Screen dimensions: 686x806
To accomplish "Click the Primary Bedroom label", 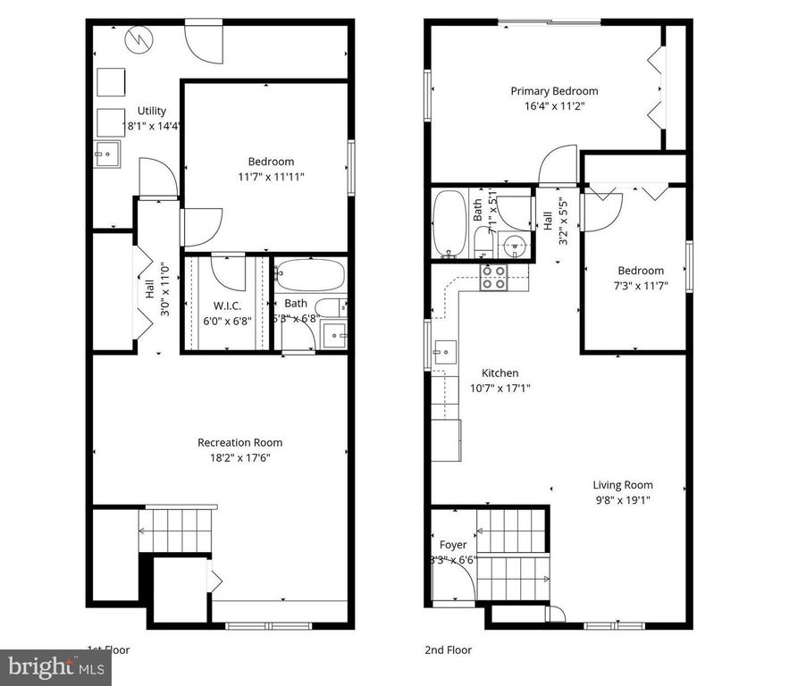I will (554, 91).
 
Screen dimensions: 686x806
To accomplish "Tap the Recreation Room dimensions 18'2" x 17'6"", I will (239, 457).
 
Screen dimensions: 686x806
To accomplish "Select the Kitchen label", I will (500, 373).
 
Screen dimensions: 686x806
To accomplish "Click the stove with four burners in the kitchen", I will (494, 277).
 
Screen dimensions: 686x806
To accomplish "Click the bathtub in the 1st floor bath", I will (308, 274).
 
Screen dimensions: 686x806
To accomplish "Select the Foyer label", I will (453, 545).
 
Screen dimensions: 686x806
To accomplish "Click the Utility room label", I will (152, 111).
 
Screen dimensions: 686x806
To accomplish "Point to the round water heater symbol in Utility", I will (139, 38).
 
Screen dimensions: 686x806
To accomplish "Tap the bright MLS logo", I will (55, 666).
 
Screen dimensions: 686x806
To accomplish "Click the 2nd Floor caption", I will (448, 650).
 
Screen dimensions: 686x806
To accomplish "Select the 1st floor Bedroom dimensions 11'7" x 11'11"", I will (271, 176).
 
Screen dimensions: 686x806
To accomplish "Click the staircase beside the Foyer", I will (511, 554).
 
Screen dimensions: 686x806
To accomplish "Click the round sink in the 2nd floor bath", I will (513, 246).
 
